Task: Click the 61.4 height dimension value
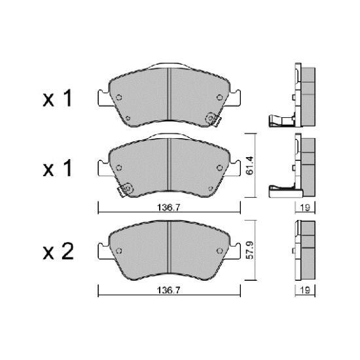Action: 249,166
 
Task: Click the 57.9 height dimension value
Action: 249,250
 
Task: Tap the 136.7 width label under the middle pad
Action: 169,207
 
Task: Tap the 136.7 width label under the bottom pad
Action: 169,291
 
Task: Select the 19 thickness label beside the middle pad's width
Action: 305,207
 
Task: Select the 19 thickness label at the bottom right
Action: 305,291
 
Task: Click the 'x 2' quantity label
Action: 58,251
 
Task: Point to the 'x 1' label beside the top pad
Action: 58,98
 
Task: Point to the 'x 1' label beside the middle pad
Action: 58,168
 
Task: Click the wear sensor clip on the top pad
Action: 213,119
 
